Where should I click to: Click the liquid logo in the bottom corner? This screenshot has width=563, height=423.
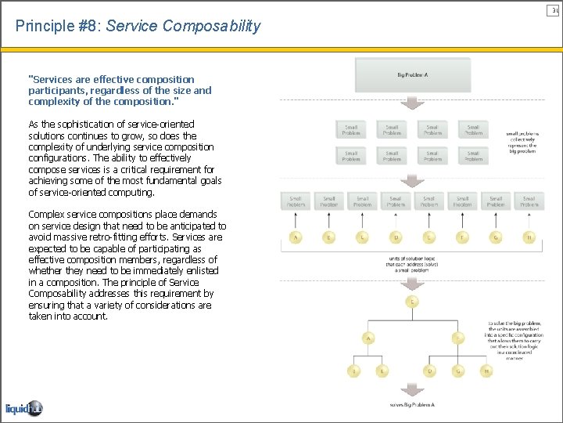point(23,408)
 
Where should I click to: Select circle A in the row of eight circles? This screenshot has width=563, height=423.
point(296,237)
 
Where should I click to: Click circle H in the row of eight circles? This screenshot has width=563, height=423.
point(529,237)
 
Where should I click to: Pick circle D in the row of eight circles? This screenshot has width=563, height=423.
point(396,237)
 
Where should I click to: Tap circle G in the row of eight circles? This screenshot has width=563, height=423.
point(496,237)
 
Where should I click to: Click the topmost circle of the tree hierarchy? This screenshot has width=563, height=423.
point(412,302)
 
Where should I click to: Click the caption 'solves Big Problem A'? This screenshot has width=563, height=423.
point(412,405)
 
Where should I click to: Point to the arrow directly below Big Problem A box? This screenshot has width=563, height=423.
point(412,103)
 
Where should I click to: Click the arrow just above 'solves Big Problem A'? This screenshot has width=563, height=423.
point(412,390)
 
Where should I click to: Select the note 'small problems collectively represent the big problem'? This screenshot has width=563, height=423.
point(522,142)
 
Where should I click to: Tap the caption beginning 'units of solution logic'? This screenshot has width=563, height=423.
point(412,265)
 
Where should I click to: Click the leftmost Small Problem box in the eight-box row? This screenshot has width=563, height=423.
point(296,201)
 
